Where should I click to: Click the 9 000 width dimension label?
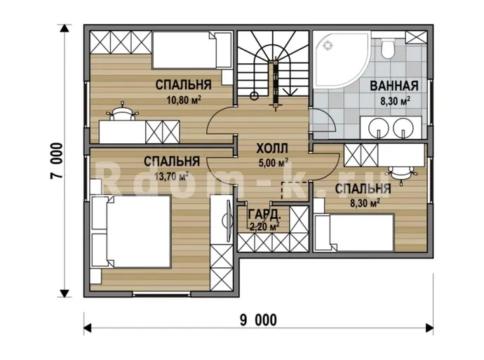[258, 320]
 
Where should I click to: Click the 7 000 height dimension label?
[57, 161]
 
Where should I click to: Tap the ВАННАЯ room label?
[394, 86]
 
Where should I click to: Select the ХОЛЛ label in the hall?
[272, 149]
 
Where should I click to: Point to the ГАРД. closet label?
[264, 214]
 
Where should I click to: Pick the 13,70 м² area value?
[171, 176]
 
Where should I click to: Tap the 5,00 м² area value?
[274, 163]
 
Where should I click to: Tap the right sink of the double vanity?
[403, 127]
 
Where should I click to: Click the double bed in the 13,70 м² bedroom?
[131, 232]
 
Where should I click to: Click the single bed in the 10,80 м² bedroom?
[191, 50]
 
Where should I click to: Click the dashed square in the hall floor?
[294, 190]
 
